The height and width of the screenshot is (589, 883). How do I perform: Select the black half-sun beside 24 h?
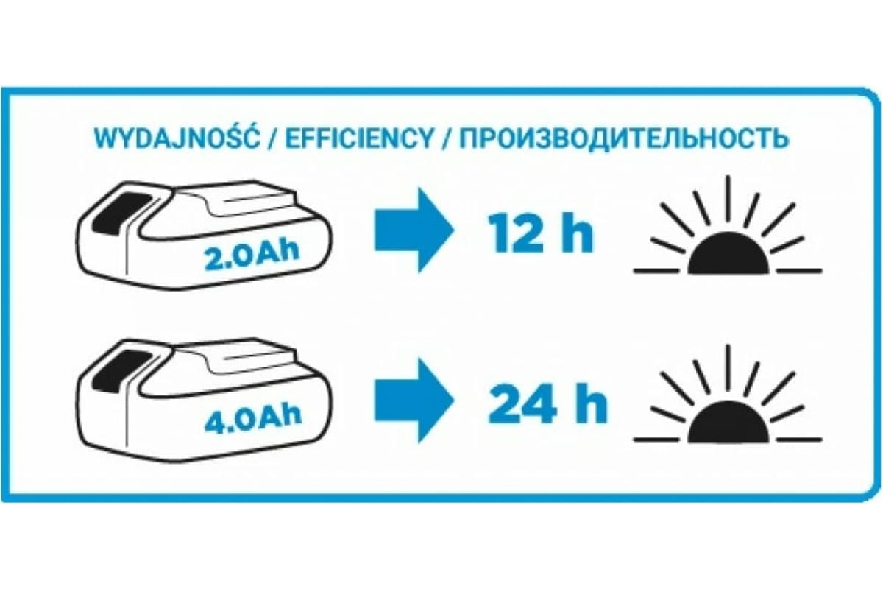pyautogui.click(x=729, y=426)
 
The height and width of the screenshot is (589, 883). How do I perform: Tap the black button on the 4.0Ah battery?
pyautogui.click(x=123, y=369)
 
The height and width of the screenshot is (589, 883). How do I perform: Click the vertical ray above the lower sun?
pyautogui.click(x=728, y=368)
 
